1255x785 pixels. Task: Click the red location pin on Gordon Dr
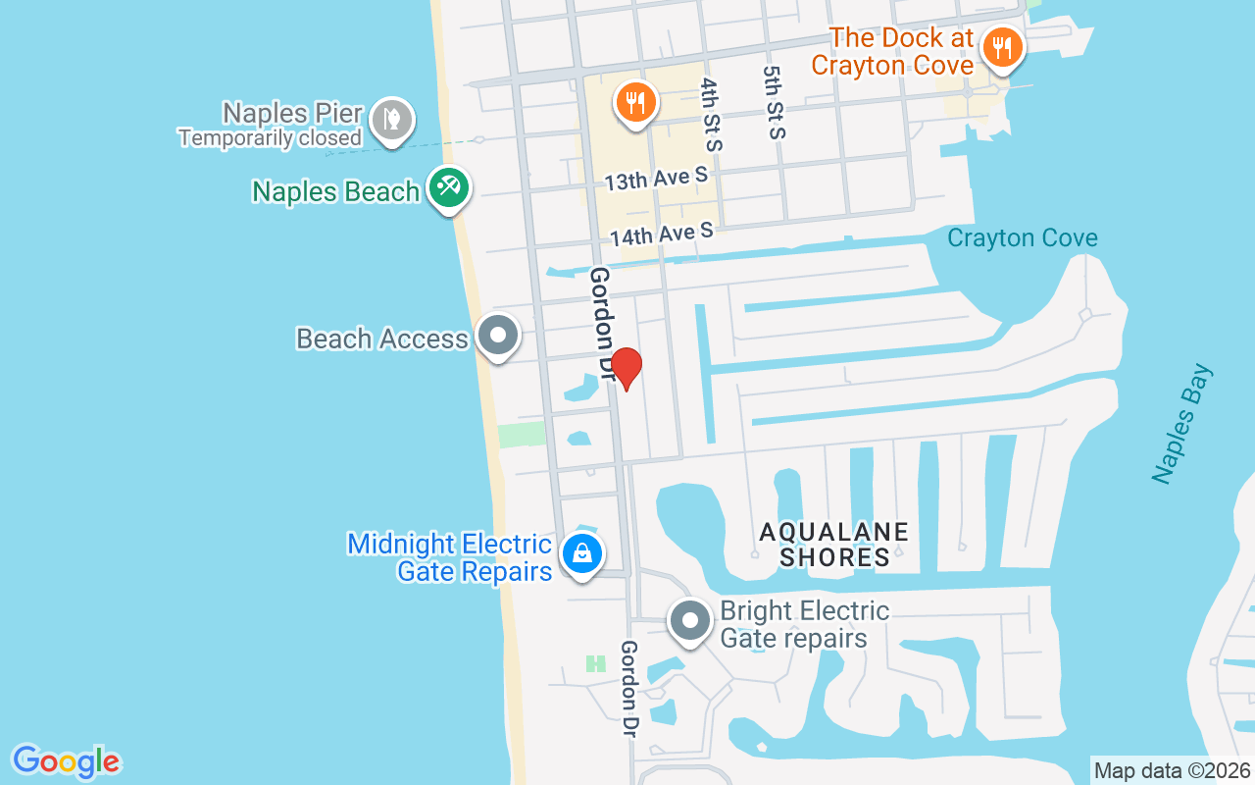coord(626,368)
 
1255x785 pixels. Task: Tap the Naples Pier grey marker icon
coord(392,120)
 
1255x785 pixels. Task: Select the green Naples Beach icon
coord(449,186)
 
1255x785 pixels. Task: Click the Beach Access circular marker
coord(498,336)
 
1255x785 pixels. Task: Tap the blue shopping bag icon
coord(582,553)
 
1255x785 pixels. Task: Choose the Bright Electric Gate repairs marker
coord(690,620)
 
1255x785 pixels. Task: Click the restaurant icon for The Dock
coord(1001,46)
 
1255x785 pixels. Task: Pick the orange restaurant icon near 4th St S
coord(635,101)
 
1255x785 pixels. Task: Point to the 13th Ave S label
coord(655,180)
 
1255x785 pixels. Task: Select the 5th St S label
coord(776,102)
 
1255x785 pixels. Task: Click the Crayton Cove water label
coord(1022,238)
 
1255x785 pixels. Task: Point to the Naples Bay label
coord(1182,424)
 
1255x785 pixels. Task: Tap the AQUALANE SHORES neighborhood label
coord(834,545)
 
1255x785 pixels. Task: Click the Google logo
coord(66,761)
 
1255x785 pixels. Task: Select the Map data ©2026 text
coord(1172,770)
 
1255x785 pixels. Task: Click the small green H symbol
coord(595,664)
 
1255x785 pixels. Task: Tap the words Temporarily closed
coord(271,137)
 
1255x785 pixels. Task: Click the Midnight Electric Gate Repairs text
coord(450,557)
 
